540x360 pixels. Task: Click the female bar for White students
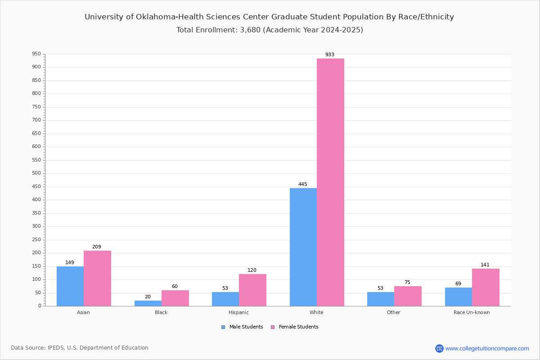[x=330, y=182]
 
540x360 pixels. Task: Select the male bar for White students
[x=303, y=247]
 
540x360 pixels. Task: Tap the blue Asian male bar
[x=70, y=286]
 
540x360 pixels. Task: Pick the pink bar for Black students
[x=175, y=298]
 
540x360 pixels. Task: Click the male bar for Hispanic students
[x=225, y=299]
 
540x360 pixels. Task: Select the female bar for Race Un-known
[x=486, y=288]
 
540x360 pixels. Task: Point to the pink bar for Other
[x=408, y=297]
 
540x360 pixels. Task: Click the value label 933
[x=330, y=55]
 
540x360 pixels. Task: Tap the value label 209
[x=97, y=247]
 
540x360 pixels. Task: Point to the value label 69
[x=458, y=283]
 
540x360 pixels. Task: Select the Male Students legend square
[x=223, y=327]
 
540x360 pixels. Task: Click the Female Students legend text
[x=298, y=327]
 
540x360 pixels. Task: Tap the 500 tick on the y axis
[x=36, y=173]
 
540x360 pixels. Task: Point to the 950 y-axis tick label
[x=36, y=54]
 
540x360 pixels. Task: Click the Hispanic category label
[x=238, y=312]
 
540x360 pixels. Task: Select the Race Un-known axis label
[x=472, y=312]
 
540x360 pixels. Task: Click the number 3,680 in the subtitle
[x=250, y=30]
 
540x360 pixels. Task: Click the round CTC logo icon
[x=439, y=348]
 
